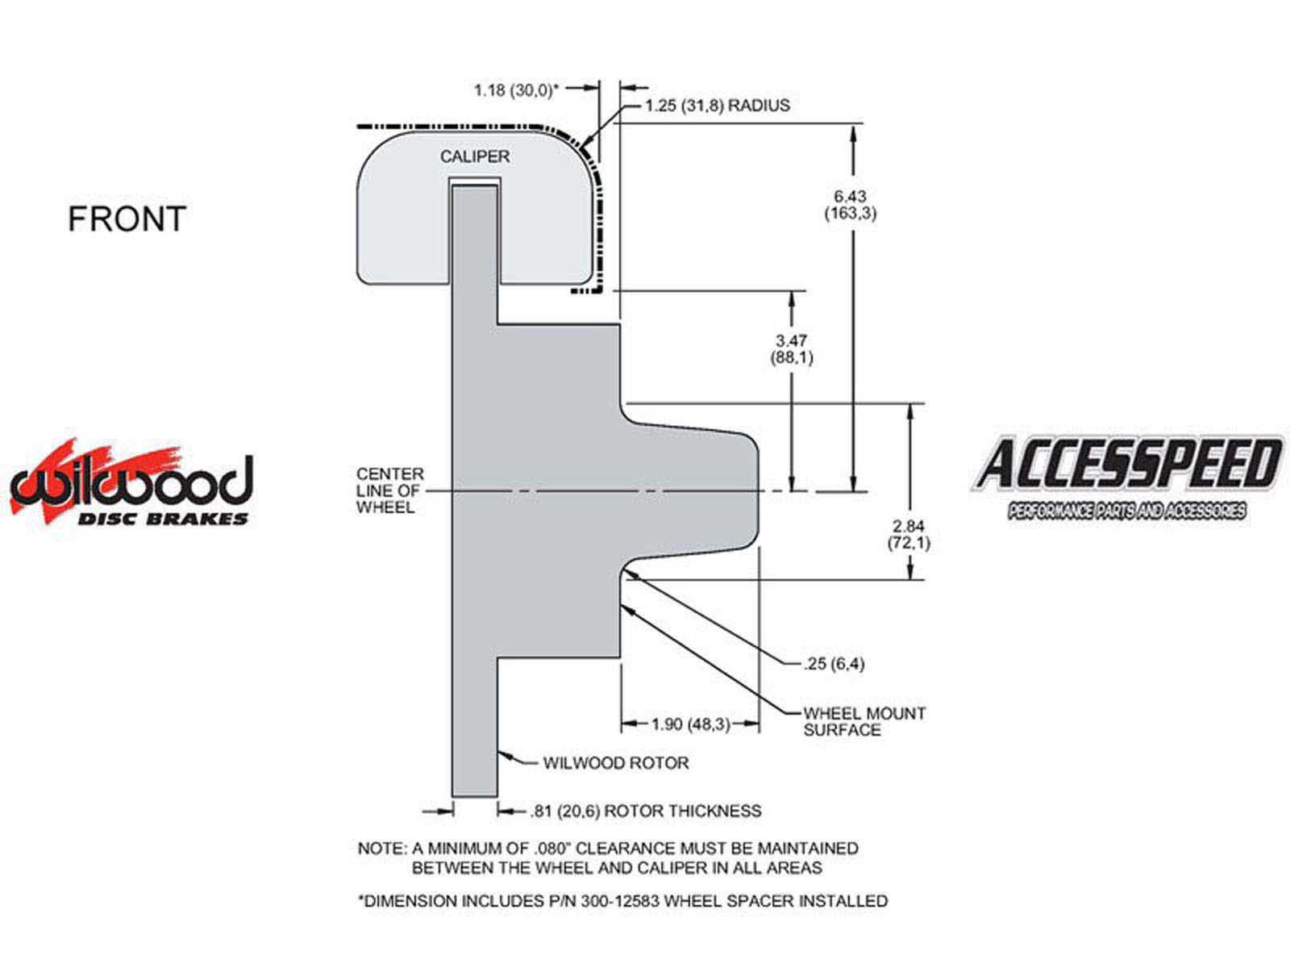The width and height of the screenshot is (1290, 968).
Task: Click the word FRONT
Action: (x=127, y=219)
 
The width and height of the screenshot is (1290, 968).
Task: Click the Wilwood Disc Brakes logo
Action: (x=131, y=483)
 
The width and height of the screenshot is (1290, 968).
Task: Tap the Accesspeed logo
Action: (x=1127, y=478)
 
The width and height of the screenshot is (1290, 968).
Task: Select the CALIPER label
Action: (x=475, y=156)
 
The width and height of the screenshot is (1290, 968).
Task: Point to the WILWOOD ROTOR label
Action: (x=616, y=763)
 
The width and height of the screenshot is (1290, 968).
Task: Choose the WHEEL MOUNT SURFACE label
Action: (x=864, y=722)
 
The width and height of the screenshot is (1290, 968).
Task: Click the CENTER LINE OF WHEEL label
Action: (x=389, y=490)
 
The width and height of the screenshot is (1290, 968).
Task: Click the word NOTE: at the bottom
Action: (x=382, y=849)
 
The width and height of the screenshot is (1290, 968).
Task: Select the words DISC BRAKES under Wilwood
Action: (x=163, y=519)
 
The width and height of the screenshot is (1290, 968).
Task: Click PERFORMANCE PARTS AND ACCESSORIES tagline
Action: (x=1126, y=511)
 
